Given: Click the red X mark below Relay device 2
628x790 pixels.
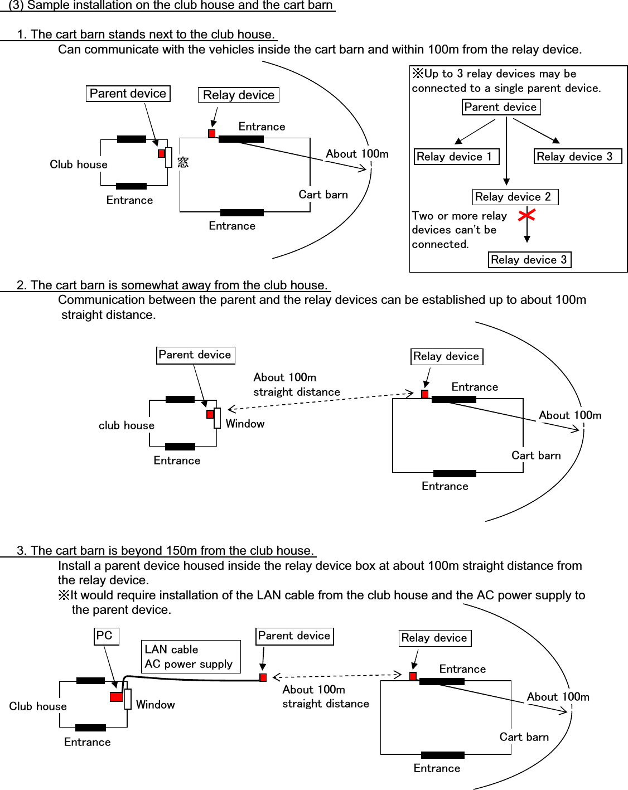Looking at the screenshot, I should (526, 215).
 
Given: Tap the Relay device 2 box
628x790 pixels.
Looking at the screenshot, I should (515, 197).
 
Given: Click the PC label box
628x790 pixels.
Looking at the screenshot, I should (106, 636).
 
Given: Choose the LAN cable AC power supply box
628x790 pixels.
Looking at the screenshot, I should (190, 657).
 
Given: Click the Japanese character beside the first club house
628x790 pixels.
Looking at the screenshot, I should (183, 162).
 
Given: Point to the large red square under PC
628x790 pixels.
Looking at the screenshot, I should (116, 697).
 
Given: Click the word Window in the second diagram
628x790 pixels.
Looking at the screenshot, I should (245, 424).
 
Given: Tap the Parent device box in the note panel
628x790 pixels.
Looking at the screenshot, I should (501, 107).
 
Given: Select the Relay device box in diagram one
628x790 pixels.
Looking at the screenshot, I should (238, 95).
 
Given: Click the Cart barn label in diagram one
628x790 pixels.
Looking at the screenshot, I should (323, 195).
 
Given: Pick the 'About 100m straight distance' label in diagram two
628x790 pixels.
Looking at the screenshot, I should (296, 385).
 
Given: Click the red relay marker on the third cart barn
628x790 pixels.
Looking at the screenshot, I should (413, 676).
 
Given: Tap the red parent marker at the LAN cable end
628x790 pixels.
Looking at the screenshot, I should (263, 677).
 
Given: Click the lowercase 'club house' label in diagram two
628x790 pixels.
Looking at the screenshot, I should (126, 425).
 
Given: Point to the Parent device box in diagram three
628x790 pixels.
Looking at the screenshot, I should (294, 636).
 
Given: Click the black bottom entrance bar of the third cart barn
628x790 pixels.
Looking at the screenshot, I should (442, 755).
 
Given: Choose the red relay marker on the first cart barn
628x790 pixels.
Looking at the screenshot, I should (212, 133).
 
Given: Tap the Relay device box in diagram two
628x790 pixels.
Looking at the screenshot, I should (447, 357).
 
